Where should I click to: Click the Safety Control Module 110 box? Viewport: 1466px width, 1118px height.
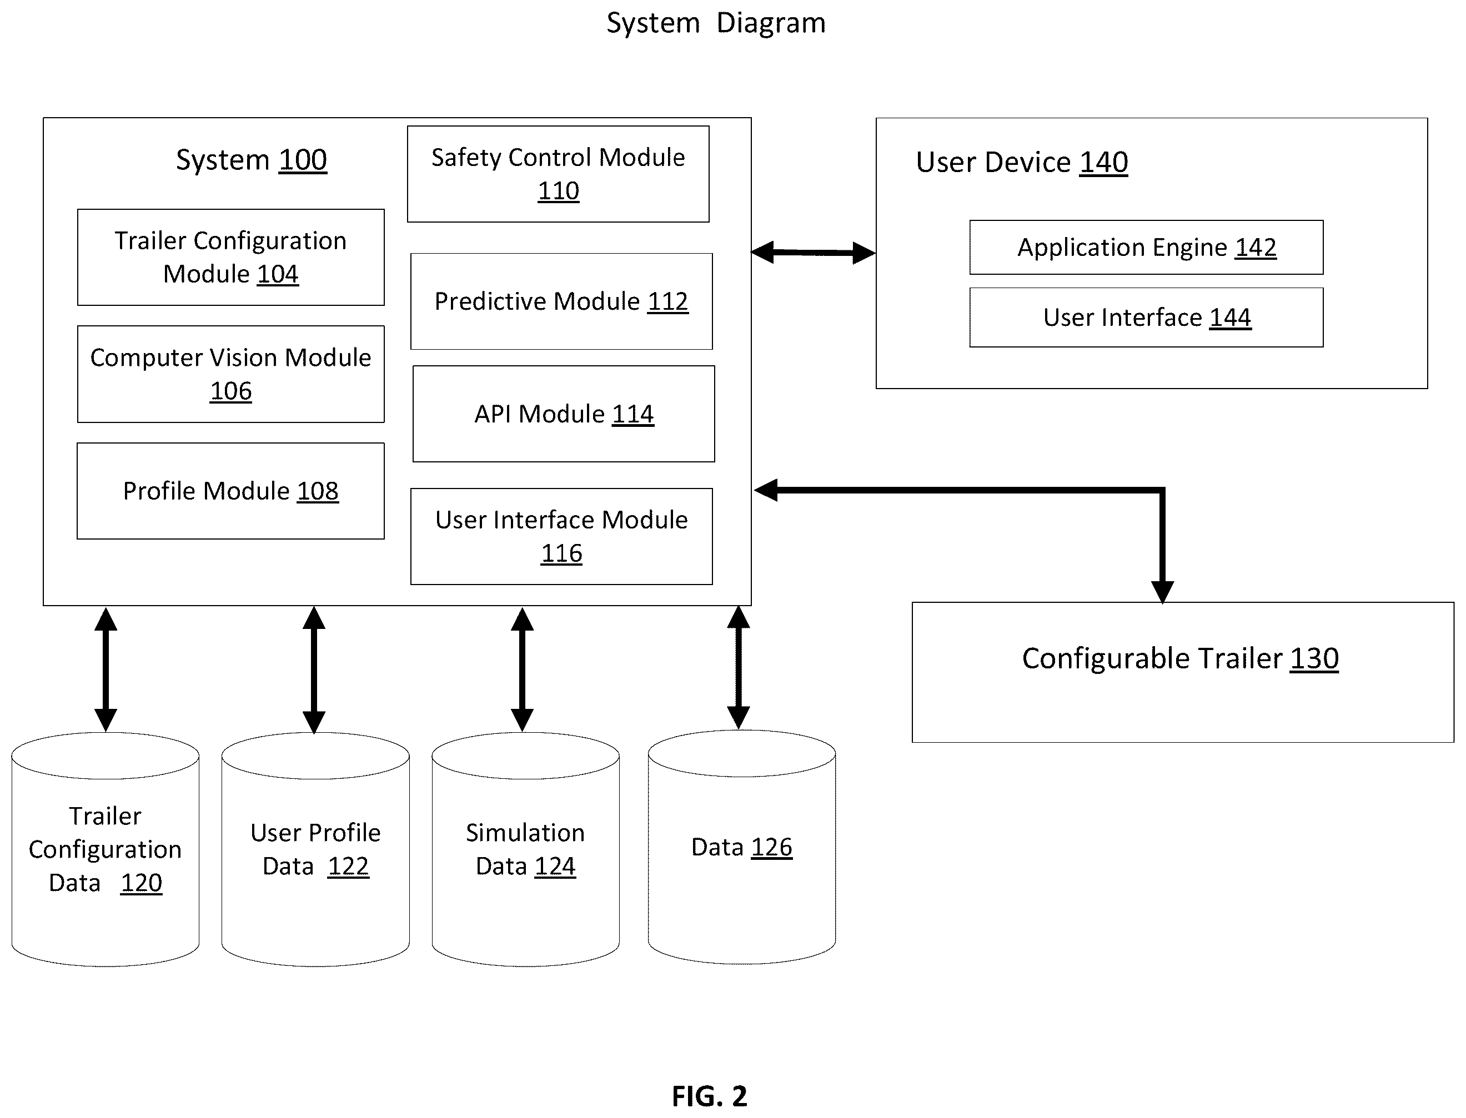point(558,174)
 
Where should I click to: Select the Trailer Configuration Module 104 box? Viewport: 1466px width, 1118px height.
point(230,258)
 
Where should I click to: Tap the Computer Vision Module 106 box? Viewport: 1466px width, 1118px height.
point(230,374)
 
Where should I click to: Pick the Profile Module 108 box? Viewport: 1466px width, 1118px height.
point(230,491)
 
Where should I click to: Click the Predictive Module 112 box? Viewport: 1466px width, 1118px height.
point(561,301)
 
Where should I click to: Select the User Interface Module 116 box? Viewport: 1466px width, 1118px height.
point(561,536)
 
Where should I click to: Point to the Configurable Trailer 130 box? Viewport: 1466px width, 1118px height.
point(1182,672)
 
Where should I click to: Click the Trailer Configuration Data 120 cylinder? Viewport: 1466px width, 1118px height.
point(105,849)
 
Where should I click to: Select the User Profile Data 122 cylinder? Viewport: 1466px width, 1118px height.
point(315,849)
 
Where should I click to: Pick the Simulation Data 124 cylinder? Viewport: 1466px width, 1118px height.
point(526,849)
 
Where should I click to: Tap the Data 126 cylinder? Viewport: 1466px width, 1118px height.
point(742,847)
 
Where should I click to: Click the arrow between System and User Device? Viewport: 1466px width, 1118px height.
point(813,253)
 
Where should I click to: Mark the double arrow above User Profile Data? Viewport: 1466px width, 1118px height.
point(314,669)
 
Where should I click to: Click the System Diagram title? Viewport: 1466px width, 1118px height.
point(716,23)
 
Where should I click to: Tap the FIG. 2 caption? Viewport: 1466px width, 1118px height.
point(710,1096)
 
